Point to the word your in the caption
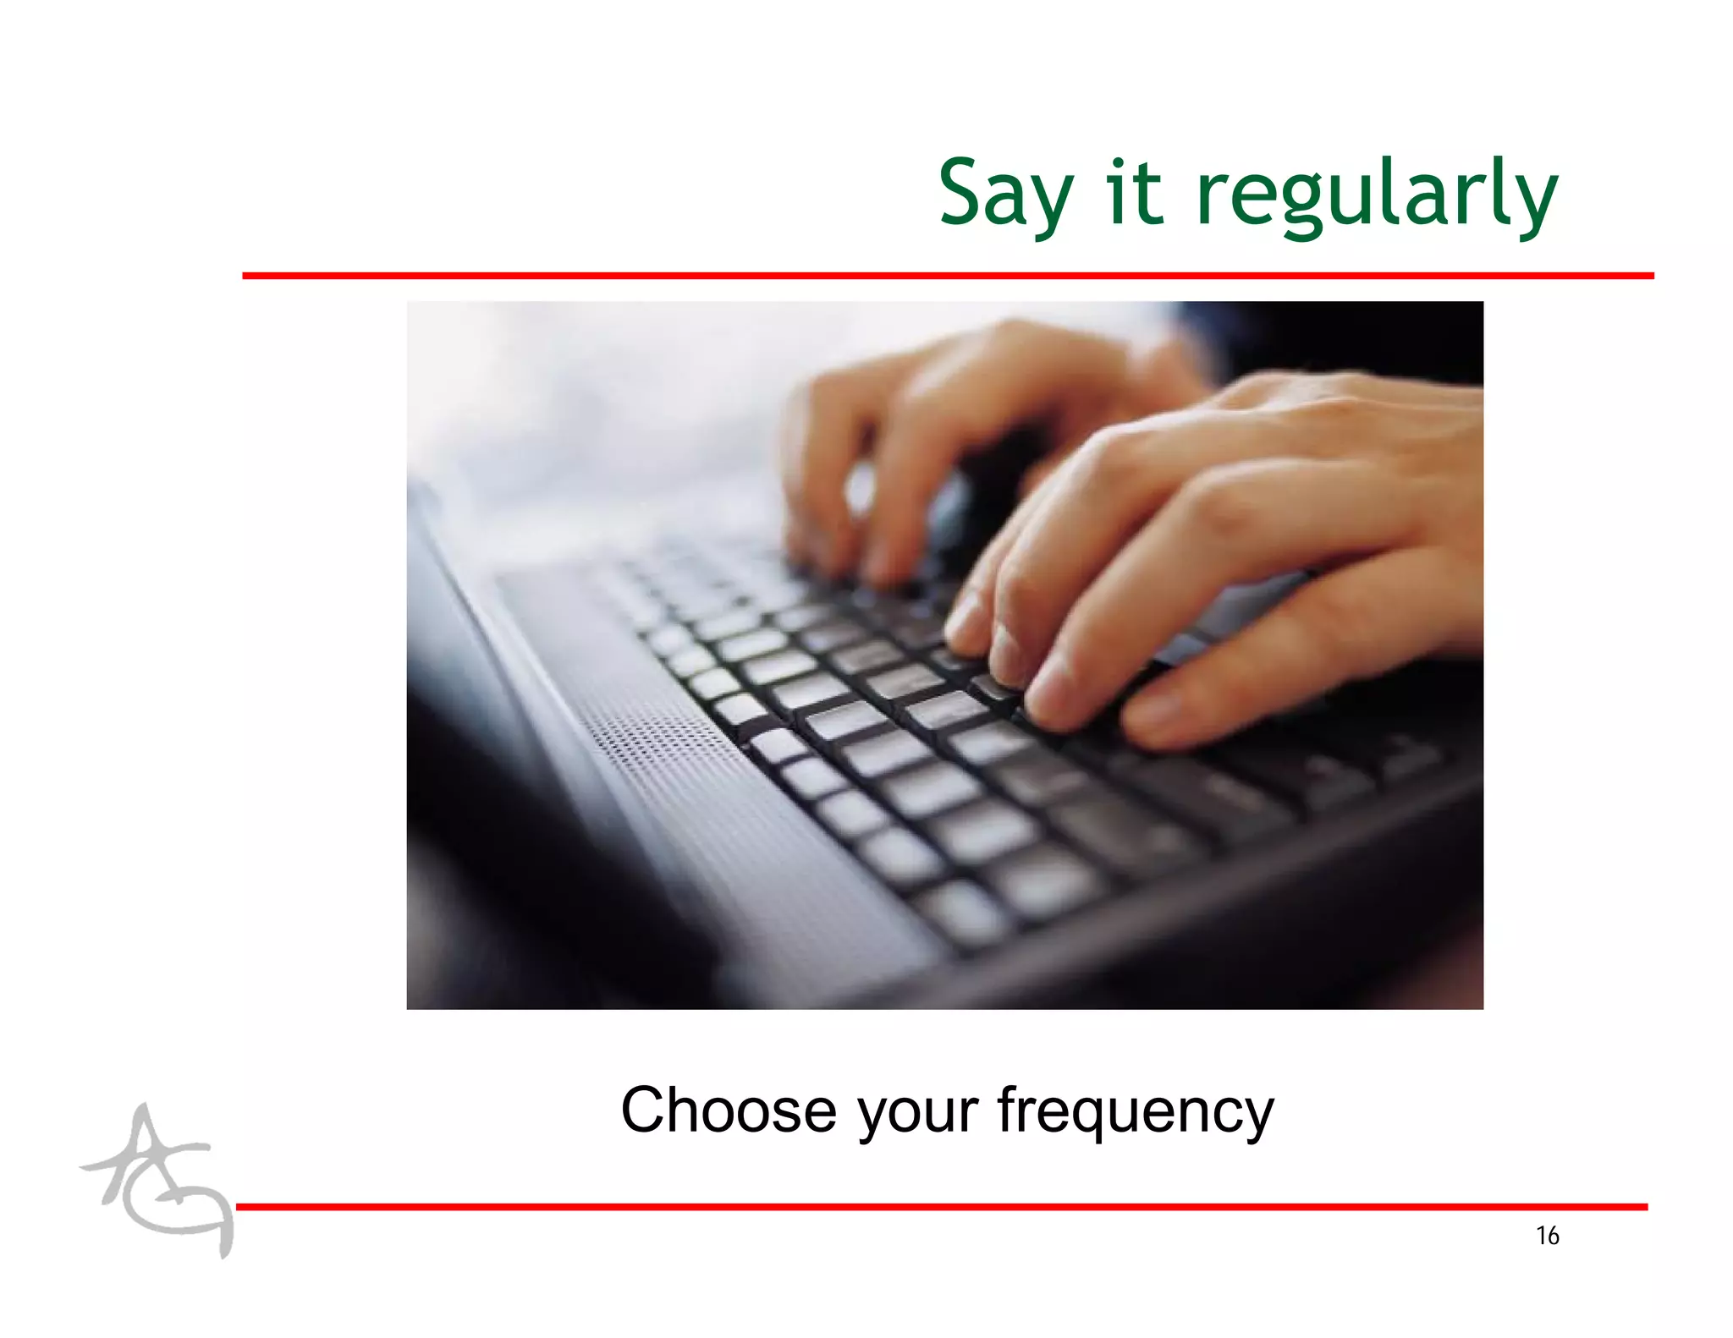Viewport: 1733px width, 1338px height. [917, 1112]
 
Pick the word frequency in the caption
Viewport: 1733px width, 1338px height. [1135, 1112]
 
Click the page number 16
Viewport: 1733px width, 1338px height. [1547, 1236]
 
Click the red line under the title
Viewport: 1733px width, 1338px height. [948, 276]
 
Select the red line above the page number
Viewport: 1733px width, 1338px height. [941, 1207]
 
